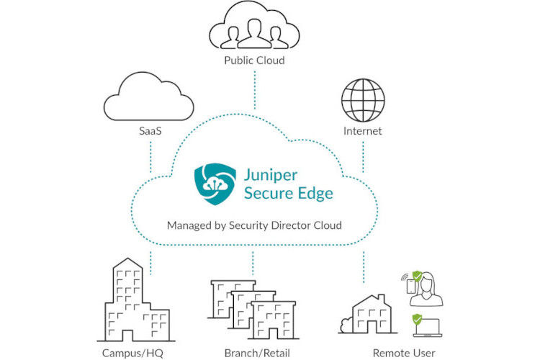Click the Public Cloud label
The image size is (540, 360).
[x=253, y=60]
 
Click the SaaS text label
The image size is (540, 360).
[x=150, y=132]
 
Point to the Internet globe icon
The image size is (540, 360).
[x=363, y=100]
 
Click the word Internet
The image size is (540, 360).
[x=363, y=132]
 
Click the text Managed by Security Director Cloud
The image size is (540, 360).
[x=254, y=225]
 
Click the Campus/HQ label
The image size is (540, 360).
[x=131, y=353]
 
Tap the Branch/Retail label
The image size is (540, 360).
[x=253, y=353]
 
